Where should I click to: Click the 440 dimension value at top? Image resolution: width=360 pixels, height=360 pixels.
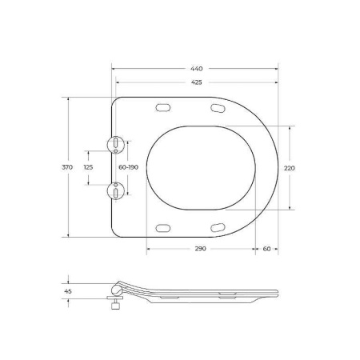point(198,69)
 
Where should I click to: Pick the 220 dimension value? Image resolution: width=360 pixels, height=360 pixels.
point(290,167)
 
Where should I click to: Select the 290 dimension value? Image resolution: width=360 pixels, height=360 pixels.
point(200,250)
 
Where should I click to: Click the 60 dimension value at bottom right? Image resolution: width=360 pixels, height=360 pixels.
point(266,250)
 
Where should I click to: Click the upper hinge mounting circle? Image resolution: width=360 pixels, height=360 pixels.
point(116,144)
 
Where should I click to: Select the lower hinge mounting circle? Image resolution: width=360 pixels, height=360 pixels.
point(116,190)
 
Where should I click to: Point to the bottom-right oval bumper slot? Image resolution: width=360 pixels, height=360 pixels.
point(218,227)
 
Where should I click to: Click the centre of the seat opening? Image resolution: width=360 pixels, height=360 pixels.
point(202,167)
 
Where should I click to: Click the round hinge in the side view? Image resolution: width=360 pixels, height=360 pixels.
point(118,288)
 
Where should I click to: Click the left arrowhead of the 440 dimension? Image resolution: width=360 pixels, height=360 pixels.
point(113,69)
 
